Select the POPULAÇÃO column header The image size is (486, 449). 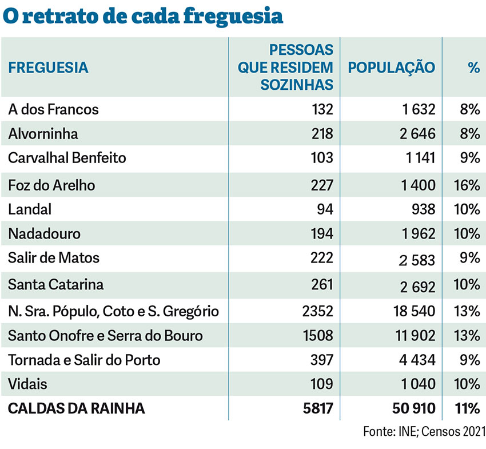391,67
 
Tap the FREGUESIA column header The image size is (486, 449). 48,67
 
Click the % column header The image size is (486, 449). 473,67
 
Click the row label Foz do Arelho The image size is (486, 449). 51,185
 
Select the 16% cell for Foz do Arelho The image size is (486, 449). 467,185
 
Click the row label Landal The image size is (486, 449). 30,209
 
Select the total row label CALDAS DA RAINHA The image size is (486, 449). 77,408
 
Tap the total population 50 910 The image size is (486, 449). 411,408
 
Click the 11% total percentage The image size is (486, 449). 468,408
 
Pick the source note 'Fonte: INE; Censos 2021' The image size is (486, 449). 424,431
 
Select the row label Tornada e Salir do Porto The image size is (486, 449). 84,360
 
